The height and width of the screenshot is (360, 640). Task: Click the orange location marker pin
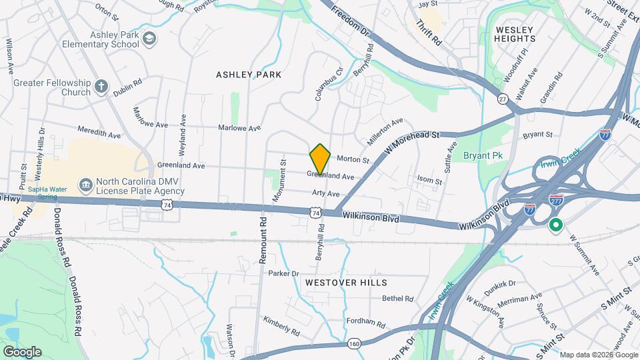pos(320,159)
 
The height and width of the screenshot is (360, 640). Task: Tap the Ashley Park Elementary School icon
pos(149,37)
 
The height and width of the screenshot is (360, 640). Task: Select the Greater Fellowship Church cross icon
pos(101,86)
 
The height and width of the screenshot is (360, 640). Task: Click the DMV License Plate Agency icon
pos(85,184)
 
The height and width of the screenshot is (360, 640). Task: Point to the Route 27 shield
pos(503,98)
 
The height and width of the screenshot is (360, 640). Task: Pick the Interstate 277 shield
pos(555,199)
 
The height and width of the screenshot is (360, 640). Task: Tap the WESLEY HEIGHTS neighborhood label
pos(514,34)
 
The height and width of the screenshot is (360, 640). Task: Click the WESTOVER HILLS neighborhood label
pos(346,283)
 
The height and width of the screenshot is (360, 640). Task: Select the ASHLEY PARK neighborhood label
pos(249,75)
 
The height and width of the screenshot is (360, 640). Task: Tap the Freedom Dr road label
pos(349,21)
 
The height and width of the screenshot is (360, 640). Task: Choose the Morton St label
pos(353,159)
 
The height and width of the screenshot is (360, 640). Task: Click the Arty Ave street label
pos(326,193)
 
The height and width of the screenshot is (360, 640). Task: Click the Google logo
pos(22,351)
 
